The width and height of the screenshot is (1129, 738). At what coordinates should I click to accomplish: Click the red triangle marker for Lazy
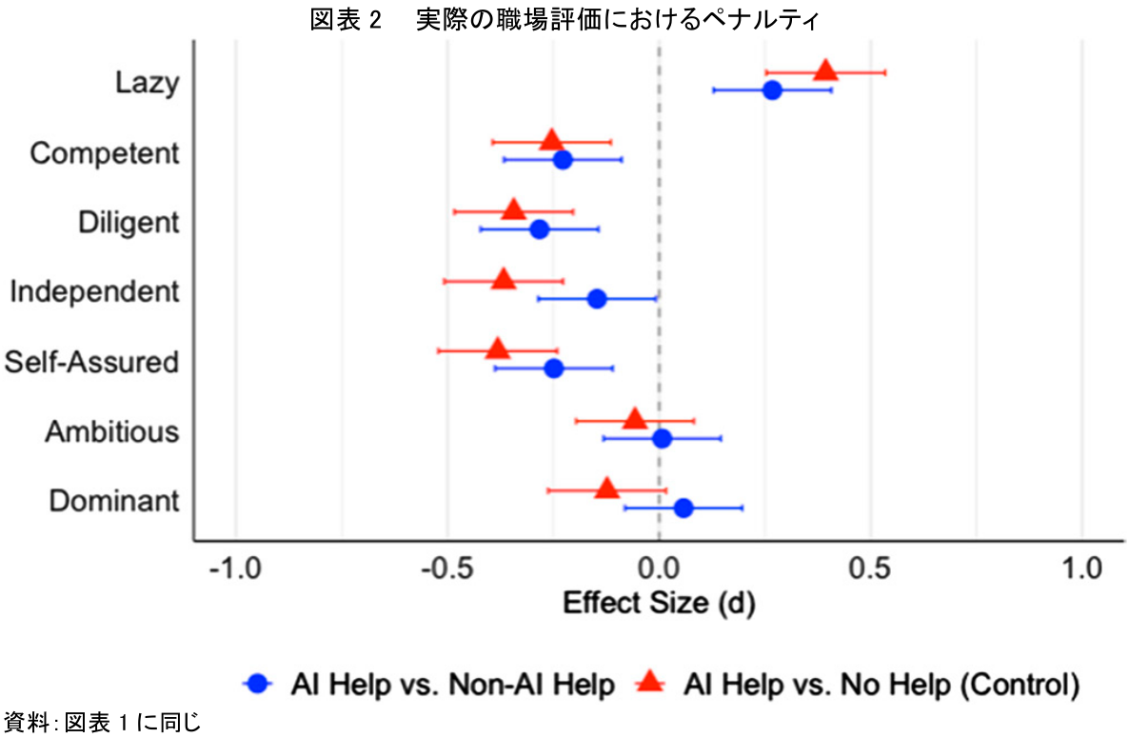coord(825,70)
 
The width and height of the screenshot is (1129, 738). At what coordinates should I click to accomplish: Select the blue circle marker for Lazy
coord(772,90)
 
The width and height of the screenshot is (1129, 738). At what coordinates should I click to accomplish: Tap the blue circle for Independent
coord(597,299)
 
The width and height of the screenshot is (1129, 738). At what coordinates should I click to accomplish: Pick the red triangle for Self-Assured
coord(498,349)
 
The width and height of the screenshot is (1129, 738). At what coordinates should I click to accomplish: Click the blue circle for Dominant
coord(683,509)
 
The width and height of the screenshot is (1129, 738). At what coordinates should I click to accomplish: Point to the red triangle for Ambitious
coord(635,419)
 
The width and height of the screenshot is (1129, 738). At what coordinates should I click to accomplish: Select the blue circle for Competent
coord(563,160)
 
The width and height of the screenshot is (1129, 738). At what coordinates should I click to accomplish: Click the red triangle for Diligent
coord(514,209)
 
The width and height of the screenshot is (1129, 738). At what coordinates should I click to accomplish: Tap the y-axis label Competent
coord(105,153)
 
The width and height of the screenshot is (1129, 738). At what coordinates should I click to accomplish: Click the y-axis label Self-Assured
coord(91,362)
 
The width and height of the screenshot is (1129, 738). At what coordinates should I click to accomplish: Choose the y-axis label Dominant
coord(114,501)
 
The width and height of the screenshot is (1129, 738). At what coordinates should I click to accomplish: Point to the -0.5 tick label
coord(446,570)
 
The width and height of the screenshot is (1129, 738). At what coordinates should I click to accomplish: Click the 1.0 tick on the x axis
coord(1081,570)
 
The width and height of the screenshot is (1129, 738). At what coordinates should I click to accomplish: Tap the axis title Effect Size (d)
coord(659,603)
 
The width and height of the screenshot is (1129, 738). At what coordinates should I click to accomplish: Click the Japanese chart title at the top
coord(564,18)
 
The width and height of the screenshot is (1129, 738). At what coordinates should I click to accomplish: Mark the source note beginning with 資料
coord(102,722)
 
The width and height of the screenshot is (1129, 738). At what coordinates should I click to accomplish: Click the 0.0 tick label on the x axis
coord(659,570)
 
